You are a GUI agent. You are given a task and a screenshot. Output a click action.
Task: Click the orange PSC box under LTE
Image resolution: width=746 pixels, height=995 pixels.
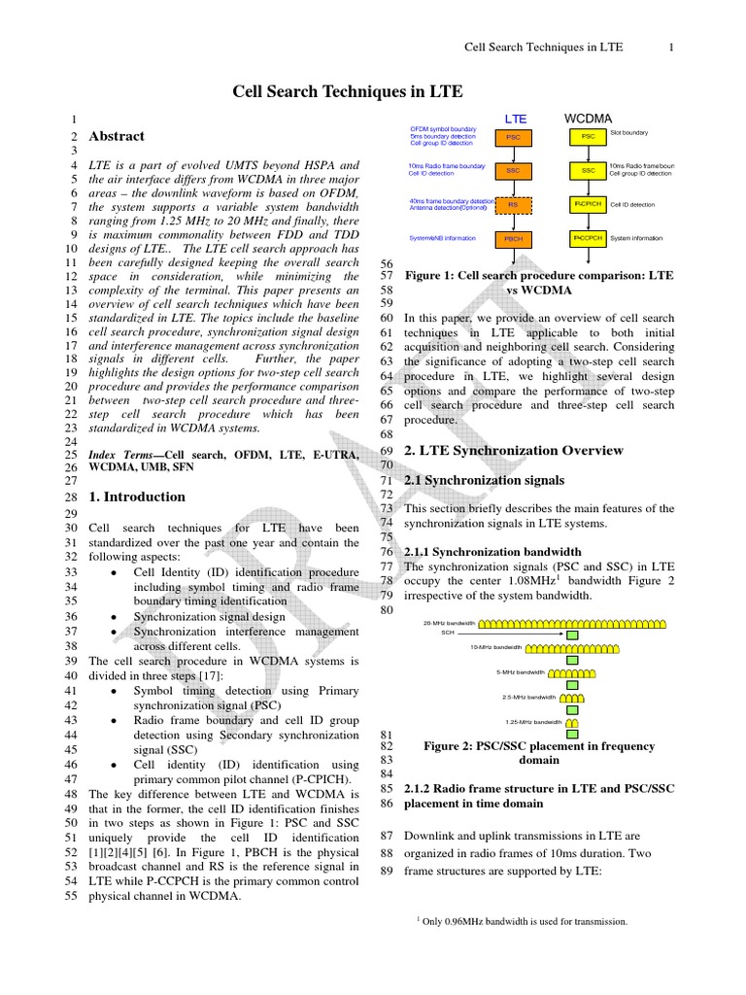[x=514, y=138]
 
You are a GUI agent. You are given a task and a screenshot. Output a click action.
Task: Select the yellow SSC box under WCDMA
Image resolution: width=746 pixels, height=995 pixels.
[x=588, y=170]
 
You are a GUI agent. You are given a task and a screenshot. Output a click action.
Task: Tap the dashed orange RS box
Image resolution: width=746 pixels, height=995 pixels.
[x=514, y=205]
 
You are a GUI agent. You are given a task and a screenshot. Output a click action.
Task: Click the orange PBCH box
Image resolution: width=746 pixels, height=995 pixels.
[x=514, y=238]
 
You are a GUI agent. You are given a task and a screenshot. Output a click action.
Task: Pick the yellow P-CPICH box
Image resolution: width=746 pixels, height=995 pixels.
[x=588, y=204]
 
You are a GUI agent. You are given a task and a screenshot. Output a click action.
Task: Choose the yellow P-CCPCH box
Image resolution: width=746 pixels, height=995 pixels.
[x=588, y=237]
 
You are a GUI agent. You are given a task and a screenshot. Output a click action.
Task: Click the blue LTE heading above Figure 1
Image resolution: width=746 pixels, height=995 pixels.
[x=515, y=118]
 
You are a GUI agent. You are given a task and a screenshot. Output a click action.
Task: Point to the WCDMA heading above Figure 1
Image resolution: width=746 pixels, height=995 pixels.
[x=589, y=118]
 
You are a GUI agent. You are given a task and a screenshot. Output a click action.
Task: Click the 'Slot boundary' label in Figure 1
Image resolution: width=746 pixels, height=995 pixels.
[x=629, y=132]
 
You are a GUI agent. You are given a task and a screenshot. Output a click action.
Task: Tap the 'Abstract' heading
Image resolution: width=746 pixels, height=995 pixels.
[x=117, y=137]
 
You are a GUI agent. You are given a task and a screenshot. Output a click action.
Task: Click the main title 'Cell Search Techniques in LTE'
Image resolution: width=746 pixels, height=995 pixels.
[x=347, y=92]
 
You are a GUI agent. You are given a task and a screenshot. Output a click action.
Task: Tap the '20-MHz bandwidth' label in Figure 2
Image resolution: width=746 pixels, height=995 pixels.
[x=450, y=623]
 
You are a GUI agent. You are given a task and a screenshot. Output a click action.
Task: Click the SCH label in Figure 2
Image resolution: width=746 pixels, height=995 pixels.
[x=448, y=633]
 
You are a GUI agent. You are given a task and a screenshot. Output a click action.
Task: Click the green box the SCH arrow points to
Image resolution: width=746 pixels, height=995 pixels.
[x=572, y=635]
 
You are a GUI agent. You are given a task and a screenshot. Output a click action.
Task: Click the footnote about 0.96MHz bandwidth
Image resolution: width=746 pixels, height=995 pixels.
[x=522, y=921]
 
